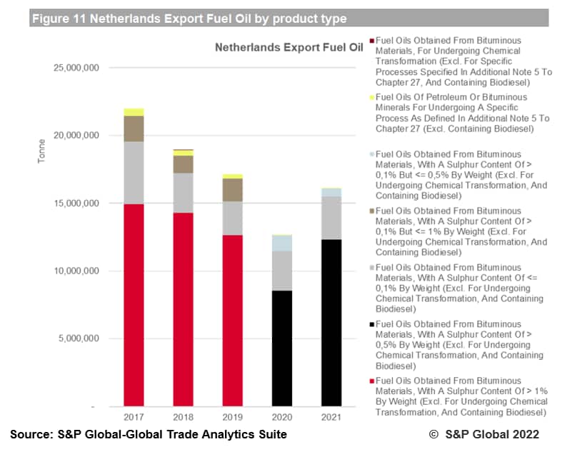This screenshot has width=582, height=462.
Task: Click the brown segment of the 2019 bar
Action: [232, 190]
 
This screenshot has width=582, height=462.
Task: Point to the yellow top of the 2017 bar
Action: [134, 112]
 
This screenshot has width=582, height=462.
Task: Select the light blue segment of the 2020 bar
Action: [281, 243]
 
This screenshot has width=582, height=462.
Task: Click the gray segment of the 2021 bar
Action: [331, 218]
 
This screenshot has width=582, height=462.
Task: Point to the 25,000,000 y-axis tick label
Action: [76, 68]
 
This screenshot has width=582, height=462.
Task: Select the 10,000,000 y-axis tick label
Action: [76, 271]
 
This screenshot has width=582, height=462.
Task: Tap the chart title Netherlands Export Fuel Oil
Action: [289, 48]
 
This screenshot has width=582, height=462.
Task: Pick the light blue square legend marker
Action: [372, 154]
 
